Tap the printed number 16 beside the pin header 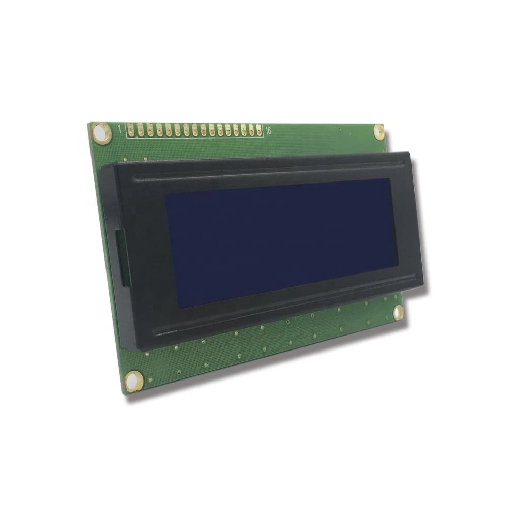click(268, 131)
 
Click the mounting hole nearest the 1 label click(100, 132)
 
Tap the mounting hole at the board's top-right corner click(379, 131)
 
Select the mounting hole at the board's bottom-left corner click(133, 380)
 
